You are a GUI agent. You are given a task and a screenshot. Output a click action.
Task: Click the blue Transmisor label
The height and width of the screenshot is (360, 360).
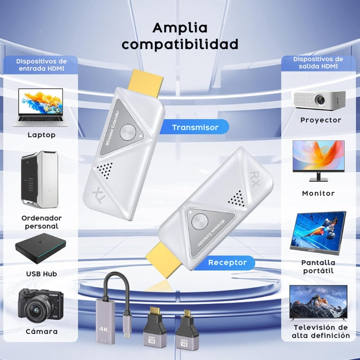[195, 127]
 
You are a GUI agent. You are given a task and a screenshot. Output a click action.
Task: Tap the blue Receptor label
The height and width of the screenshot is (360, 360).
[227, 262]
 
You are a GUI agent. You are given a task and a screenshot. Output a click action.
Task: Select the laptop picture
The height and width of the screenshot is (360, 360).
[41, 107]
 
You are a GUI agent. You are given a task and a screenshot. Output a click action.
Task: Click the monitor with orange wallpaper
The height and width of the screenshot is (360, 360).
[318, 160]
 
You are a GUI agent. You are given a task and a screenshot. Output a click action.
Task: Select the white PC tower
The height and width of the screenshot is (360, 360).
[40, 179]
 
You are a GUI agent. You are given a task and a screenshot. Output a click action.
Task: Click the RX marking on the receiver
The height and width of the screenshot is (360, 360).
[255, 176]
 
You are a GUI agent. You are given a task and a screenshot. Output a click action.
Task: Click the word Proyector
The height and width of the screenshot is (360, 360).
[321, 120]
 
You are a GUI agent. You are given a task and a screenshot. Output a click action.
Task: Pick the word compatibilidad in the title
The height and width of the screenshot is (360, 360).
[180, 45]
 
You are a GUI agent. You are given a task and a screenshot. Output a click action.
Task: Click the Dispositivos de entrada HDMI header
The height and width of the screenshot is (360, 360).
[41, 65]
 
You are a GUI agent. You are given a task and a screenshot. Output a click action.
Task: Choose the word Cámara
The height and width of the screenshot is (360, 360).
[41, 332]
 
